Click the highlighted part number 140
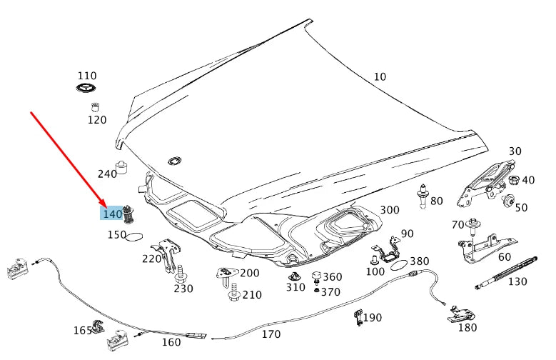(113, 214)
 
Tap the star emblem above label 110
(87, 89)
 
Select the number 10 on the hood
(380, 76)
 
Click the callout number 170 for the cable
(271, 334)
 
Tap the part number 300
(390, 210)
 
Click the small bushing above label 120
(93, 107)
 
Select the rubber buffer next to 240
(123, 169)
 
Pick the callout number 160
(171, 342)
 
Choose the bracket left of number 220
(171, 254)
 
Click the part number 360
(333, 277)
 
